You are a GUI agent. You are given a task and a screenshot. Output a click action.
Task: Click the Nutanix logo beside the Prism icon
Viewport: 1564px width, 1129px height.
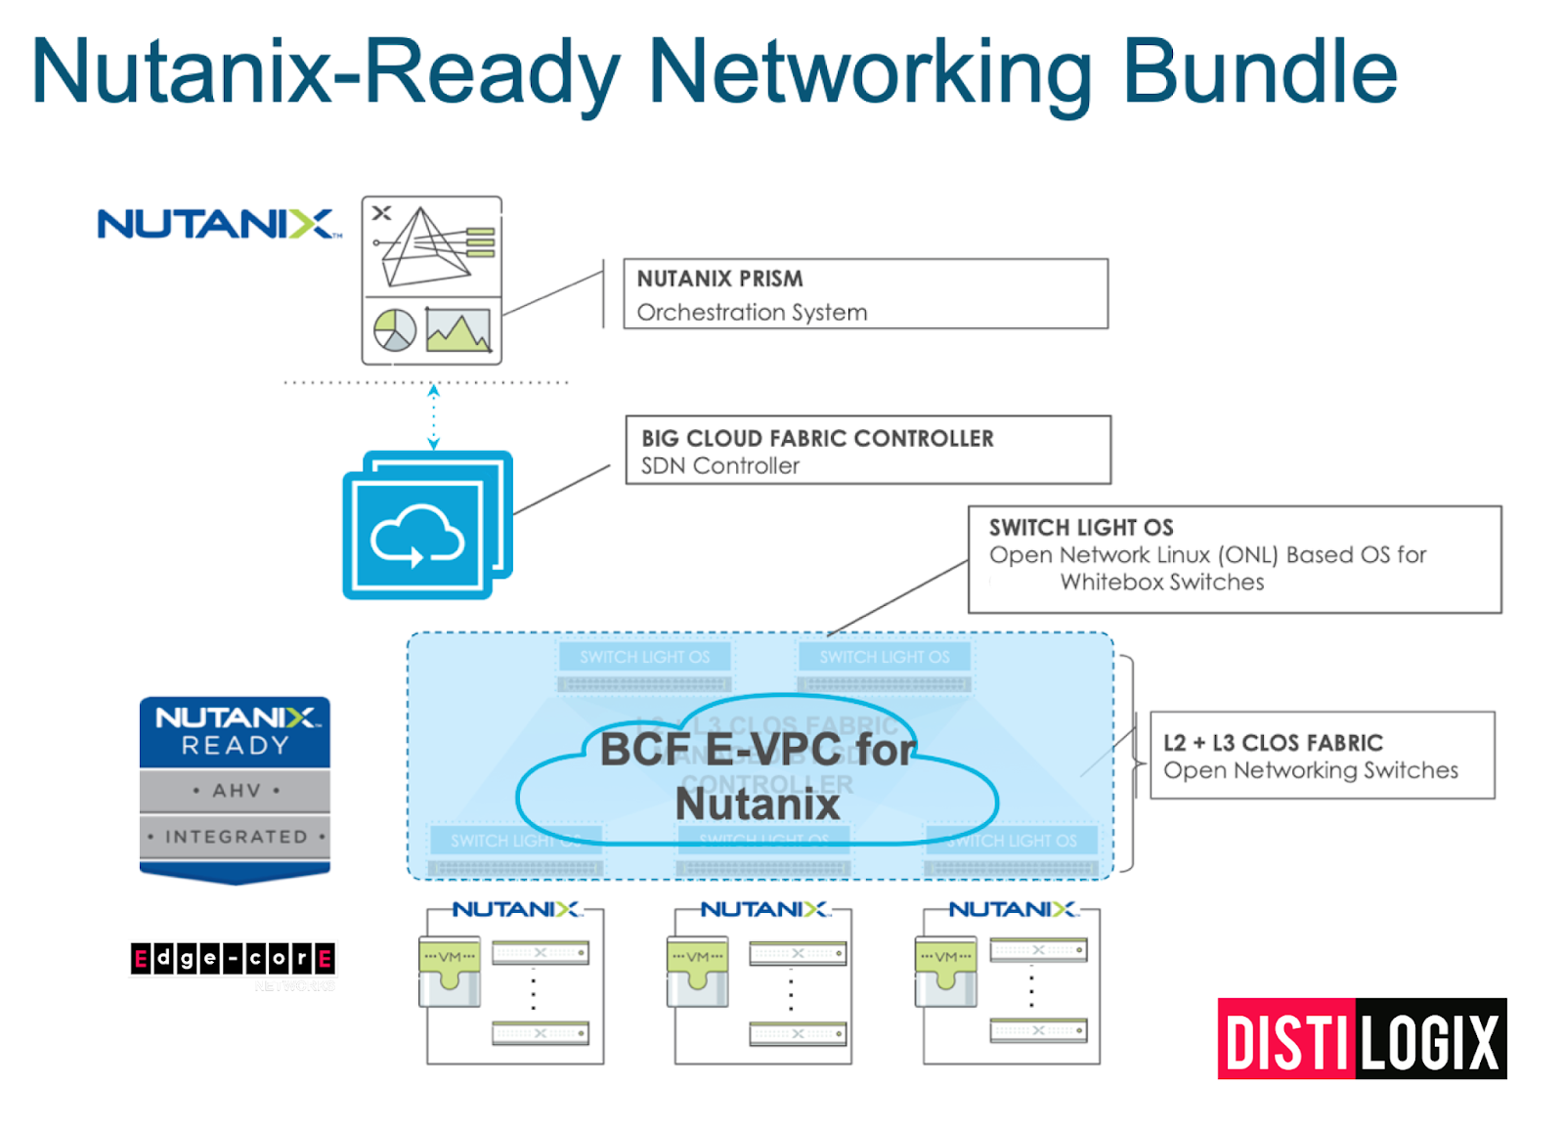(x=218, y=224)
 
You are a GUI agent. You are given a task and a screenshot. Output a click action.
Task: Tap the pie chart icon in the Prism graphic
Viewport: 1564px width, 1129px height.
(x=395, y=330)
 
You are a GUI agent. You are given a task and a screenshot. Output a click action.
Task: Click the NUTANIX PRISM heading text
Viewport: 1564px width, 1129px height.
(x=719, y=279)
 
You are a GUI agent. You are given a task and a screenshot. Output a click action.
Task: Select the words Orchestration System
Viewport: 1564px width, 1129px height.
(x=752, y=312)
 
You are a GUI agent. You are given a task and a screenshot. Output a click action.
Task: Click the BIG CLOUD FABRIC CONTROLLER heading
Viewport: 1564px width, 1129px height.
(x=817, y=438)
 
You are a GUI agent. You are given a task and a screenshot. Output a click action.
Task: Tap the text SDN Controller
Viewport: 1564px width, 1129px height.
(x=719, y=466)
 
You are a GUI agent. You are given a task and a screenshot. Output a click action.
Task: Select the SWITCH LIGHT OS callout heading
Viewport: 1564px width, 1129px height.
(x=1080, y=527)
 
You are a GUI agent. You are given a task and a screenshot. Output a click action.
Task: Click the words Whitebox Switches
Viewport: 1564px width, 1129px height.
(x=1161, y=582)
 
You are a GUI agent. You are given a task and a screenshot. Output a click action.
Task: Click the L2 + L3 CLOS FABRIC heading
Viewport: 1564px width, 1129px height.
(x=1273, y=743)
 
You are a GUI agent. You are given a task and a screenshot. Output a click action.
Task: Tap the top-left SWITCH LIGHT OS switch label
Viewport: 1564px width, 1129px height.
(x=644, y=657)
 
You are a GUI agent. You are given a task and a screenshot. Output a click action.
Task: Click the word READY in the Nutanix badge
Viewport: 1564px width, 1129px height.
(x=235, y=746)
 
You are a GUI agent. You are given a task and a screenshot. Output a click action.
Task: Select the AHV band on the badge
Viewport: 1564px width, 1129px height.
(x=235, y=790)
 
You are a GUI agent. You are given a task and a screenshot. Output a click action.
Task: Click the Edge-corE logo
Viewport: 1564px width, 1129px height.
(x=233, y=959)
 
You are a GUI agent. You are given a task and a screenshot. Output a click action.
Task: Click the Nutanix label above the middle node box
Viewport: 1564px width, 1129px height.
(x=763, y=910)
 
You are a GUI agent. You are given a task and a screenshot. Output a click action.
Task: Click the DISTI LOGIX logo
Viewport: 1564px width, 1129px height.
(x=1362, y=1040)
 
